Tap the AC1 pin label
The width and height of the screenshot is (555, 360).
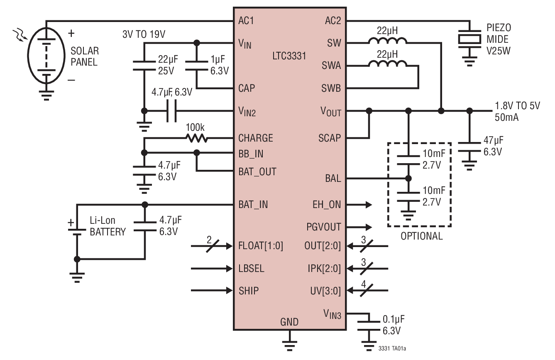click(246, 20)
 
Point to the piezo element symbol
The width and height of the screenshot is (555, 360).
click(469, 39)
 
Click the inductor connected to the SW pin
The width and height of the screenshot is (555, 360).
click(387, 41)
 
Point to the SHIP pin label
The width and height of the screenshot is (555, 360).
click(248, 291)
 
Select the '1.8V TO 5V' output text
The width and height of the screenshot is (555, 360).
click(517, 106)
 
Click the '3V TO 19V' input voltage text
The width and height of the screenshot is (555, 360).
click(144, 34)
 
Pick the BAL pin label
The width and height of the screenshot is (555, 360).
click(333, 179)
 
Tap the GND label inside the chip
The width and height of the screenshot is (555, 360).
click(289, 322)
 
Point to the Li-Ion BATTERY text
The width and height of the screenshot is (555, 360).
click(108, 227)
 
